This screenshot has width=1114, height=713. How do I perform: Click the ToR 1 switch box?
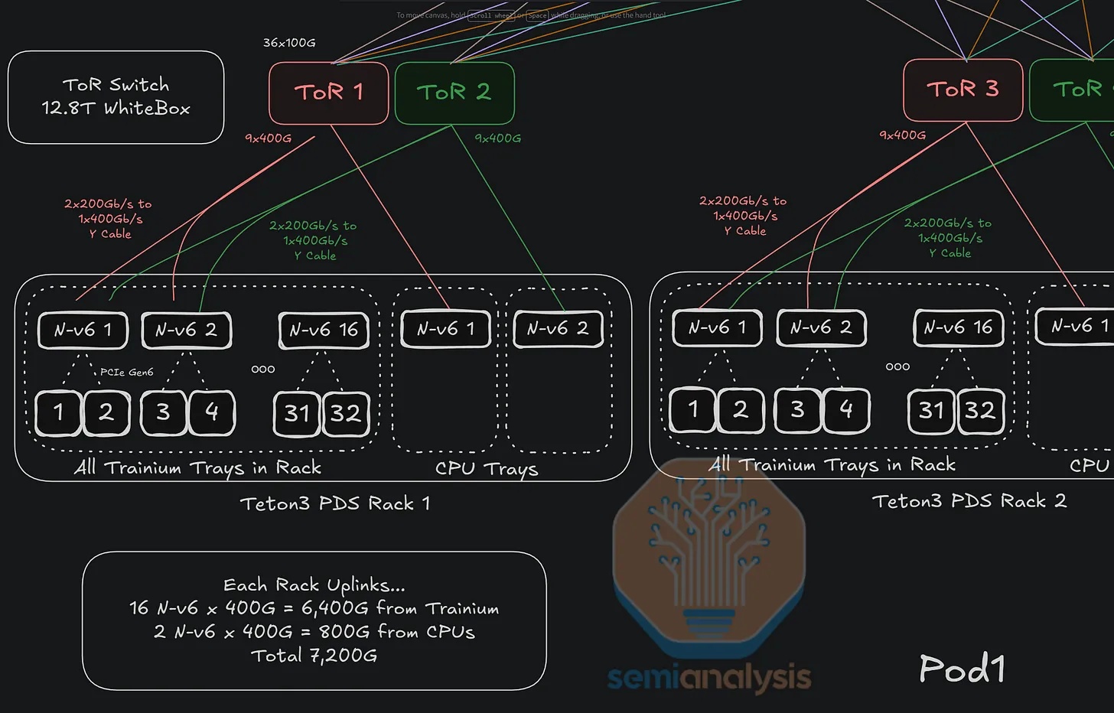(329, 93)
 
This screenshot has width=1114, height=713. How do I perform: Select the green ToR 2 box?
(454, 93)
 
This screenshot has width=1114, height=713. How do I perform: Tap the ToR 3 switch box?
(963, 90)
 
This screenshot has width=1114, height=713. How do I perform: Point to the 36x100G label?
(289, 43)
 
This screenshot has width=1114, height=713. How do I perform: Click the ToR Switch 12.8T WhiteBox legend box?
(116, 96)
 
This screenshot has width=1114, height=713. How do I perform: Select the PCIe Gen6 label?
(127, 372)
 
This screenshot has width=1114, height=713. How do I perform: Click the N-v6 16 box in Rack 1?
(324, 330)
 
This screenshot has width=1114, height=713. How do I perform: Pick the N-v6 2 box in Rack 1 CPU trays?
(558, 329)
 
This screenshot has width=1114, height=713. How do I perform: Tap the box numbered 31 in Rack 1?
(297, 413)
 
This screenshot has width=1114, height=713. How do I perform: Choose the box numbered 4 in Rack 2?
(846, 410)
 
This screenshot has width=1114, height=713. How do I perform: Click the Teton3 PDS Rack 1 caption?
(335, 503)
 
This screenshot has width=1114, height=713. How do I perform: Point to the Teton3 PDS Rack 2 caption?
(969, 501)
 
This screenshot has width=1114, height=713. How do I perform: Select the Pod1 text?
(962, 669)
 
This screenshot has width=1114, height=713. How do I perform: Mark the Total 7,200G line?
(314, 656)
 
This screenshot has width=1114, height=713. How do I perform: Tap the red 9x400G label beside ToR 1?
(268, 138)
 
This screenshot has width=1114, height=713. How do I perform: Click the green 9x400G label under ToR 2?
(498, 138)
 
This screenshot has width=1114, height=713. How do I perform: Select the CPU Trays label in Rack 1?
(487, 468)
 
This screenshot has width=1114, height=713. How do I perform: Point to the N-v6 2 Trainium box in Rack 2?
(821, 327)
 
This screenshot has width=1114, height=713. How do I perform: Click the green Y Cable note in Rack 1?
(314, 240)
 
